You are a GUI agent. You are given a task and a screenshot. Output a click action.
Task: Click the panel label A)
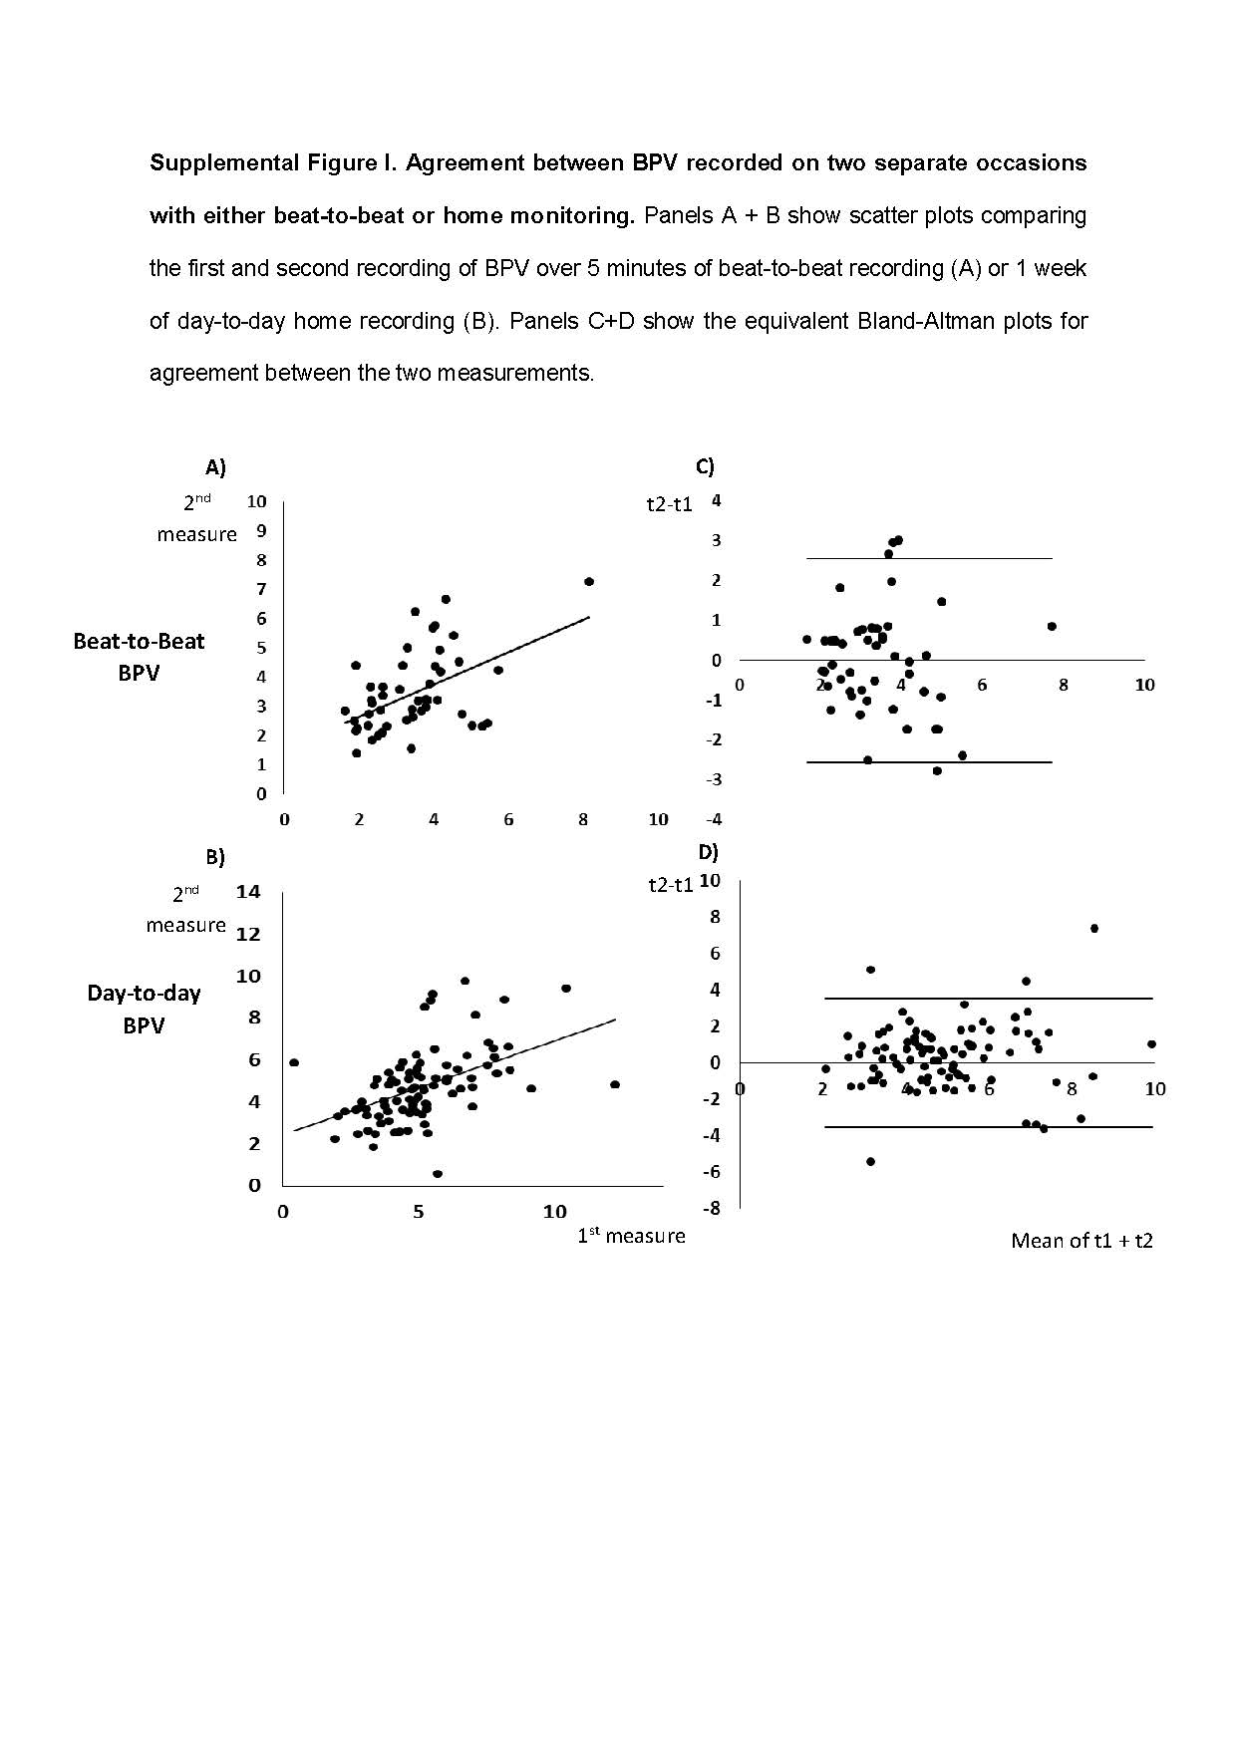pyautogui.click(x=215, y=466)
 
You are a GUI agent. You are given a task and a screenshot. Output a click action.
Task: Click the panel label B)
pyautogui.click(x=215, y=857)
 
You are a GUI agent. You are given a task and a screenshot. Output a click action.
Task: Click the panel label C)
pyautogui.click(x=705, y=466)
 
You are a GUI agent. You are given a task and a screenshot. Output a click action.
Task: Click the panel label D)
pyautogui.click(x=708, y=852)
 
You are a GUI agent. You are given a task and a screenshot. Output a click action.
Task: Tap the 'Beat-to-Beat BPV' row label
pyautogui.click(x=139, y=657)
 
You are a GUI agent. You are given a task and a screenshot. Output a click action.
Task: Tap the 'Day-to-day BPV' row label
pyautogui.click(x=144, y=1009)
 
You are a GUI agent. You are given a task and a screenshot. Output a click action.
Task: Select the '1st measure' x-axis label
pyautogui.click(x=631, y=1236)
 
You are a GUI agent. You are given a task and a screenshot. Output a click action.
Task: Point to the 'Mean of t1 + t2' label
pyautogui.click(x=1082, y=1241)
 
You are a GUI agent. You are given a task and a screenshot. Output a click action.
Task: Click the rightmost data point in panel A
pyautogui.click(x=589, y=581)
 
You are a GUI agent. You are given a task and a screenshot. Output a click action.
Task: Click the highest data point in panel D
pyautogui.click(x=1093, y=928)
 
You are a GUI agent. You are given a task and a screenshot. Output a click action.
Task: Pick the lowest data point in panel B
pyautogui.click(x=438, y=1174)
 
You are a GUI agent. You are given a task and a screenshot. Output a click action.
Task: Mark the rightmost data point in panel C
pyautogui.click(x=1052, y=626)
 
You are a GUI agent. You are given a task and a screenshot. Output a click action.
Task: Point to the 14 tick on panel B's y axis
pyautogui.click(x=248, y=892)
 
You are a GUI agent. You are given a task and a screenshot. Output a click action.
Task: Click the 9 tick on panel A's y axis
pyautogui.click(x=261, y=531)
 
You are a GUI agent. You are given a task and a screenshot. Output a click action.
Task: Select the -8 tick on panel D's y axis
pyautogui.click(x=712, y=1209)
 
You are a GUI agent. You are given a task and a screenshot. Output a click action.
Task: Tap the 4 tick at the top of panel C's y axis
pyautogui.click(x=716, y=501)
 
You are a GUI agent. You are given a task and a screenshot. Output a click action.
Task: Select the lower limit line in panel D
pyautogui.click(x=987, y=1127)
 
